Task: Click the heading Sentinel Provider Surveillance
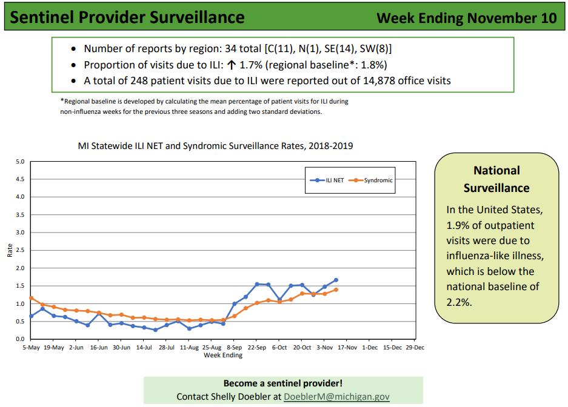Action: point(128,17)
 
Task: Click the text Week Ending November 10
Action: point(466,18)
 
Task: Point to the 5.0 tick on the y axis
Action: point(20,162)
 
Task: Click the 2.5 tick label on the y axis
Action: point(20,250)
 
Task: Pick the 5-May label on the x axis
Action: point(31,348)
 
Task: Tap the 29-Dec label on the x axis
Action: point(415,348)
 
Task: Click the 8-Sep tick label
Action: point(234,348)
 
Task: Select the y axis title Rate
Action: point(10,250)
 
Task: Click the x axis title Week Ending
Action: point(222,356)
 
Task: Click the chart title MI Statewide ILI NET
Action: point(215,146)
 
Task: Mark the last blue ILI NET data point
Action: point(336,280)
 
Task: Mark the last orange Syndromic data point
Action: point(336,290)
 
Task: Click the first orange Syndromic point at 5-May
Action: point(31,298)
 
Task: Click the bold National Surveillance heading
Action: point(496,179)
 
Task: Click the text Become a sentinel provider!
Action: point(283,383)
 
